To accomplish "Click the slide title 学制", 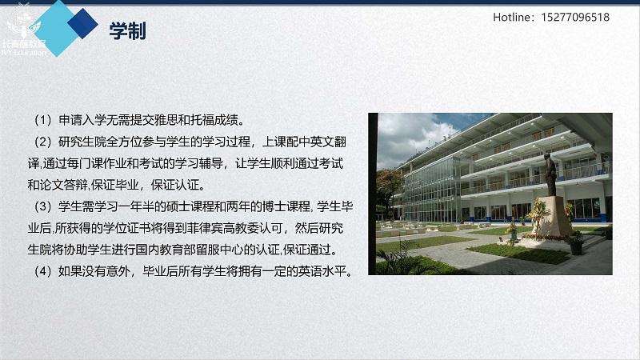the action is click(127, 31).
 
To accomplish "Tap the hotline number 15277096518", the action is click(575, 17).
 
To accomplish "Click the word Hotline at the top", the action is click(511, 17).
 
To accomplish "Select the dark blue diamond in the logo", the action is click(82, 24).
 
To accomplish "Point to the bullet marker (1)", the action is click(43, 120).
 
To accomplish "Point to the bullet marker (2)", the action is click(43, 142).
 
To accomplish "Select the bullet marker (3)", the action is click(43, 206).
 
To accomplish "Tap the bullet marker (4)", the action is click(43, 271).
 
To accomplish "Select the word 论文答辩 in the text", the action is click(64, 185).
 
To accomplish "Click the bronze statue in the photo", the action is click(550, 174).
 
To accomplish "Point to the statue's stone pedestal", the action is click(553, 217).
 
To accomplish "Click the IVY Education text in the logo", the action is click(24, 53).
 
